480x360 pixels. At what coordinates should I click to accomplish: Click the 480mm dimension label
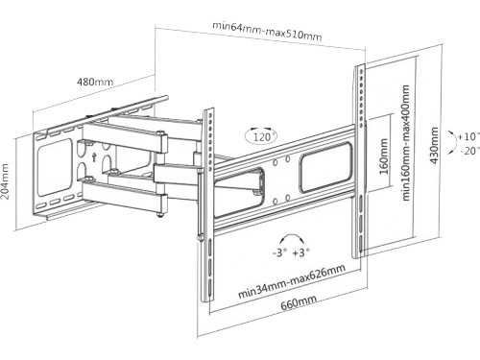coord(95,82)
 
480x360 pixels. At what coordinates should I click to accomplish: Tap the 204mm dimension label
coord(6,181)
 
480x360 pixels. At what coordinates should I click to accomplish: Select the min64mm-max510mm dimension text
coord(267,31)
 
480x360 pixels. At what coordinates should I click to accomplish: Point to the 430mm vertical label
coord(434,146)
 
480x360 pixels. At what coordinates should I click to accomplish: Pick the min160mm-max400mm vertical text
coord(405,143)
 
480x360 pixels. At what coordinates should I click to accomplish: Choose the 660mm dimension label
coord(299,302)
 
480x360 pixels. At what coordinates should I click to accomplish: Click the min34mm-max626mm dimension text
coord(292,281)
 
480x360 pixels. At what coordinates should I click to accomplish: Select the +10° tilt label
coord(468,136)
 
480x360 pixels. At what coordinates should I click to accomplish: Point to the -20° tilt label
coord(469,151)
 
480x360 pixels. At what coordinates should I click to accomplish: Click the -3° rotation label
coord(279,252)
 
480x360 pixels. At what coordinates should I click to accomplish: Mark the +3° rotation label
coord(300,252)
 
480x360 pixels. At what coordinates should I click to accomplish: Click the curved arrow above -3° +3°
coord(291,236)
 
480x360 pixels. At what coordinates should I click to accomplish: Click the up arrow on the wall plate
coord(94,157)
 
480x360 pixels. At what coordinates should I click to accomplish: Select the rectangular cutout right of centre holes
coord(325,168)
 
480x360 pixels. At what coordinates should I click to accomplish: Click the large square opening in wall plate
coord(55,167)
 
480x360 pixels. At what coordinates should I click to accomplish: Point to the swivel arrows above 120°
coord(260,129)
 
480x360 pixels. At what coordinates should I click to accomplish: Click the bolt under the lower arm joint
coord(160,215)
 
